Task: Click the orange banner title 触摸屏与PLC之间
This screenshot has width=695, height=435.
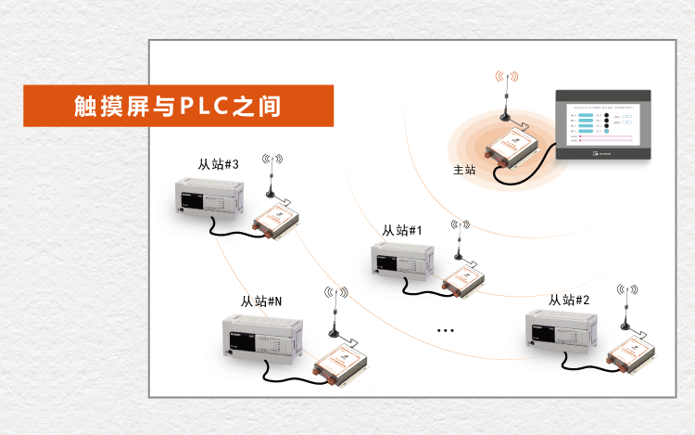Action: pos(177,106)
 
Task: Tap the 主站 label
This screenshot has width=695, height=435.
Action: pos(464,171)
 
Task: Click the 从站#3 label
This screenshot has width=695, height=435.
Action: pos(219,164)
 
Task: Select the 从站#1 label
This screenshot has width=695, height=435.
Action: pos(402,230)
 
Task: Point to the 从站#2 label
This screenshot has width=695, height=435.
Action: pos(569,300)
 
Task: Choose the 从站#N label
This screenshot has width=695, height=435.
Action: pos(261,301)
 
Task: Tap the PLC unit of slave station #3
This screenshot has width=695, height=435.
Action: pos(209,198)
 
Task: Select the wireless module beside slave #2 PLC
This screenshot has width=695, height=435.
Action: pos(634,353)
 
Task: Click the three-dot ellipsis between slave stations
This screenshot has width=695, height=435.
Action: pos(445,330)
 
